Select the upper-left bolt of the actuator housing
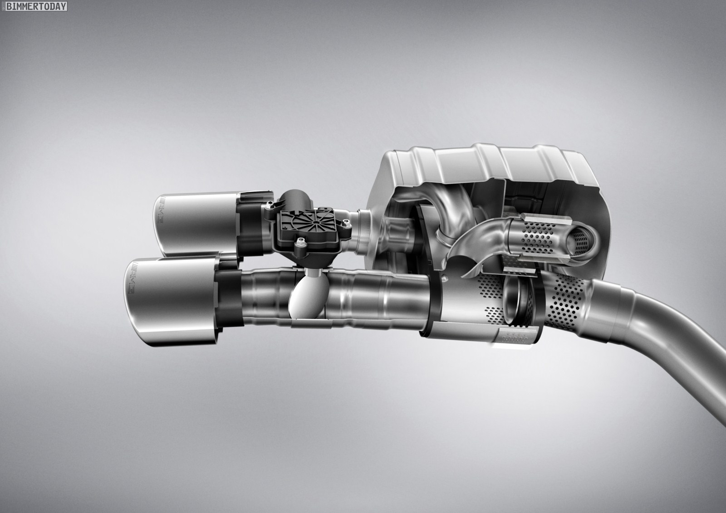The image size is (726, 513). coord(269,205)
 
